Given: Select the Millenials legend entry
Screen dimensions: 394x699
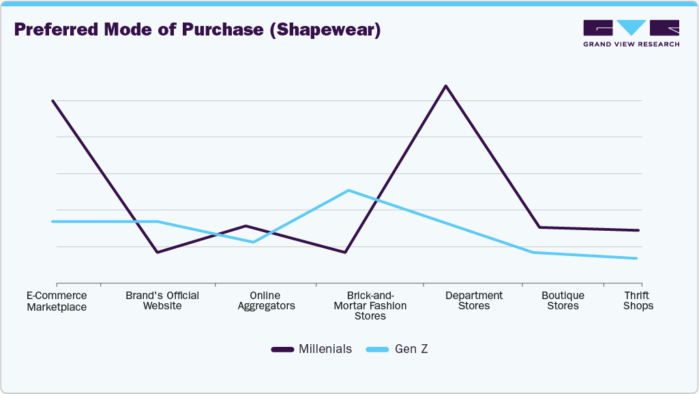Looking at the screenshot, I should [312, 349].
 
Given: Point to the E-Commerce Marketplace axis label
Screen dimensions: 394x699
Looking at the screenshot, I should [57, 301].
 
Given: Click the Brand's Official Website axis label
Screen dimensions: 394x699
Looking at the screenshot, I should [162, 300].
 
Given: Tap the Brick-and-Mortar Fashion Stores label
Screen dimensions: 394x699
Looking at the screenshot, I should [370, 305].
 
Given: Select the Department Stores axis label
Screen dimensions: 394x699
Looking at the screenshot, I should [474, 300].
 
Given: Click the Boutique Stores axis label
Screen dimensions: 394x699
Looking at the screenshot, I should [563, 300].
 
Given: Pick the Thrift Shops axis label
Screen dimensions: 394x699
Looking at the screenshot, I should [638, 300].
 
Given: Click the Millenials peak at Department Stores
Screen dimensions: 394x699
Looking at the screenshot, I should [445, 86].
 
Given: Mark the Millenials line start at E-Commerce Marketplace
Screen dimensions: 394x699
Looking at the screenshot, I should [53, 100].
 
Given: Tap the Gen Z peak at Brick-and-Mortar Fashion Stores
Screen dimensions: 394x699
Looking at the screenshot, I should [348, 190].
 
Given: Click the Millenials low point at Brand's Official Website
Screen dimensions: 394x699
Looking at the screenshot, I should [157, 253].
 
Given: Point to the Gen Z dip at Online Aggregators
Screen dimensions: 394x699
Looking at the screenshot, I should [253, 242].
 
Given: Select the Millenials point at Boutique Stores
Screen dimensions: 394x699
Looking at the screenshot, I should [539, 227].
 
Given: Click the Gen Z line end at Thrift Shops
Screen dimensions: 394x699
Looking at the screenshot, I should [637, 258].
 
